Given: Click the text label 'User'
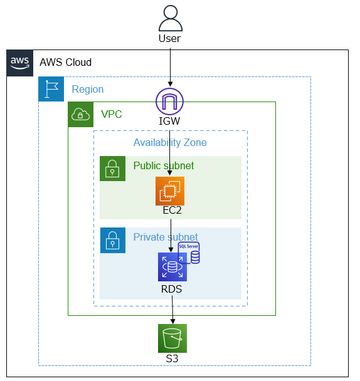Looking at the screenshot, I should tap(170, 39).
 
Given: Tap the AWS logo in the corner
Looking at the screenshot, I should tap(20, 63).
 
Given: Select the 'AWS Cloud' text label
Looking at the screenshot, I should tap(65, 63).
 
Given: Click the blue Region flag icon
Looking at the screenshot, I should tap(51, 89).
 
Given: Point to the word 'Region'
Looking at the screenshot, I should tap(88, 90).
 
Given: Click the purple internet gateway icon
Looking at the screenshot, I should tap(170, 101).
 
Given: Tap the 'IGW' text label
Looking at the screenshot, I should tap(170, 121).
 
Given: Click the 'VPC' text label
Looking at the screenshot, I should tap(112, 115).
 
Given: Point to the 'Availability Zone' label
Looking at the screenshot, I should tap(170, 143).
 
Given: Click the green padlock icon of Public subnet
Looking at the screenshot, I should tap(112, 169).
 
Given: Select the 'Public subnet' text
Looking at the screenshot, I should tap(164, 166).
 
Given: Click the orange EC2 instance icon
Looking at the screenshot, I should tap(170, 191).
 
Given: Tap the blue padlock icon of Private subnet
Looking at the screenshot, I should tap(112, 240).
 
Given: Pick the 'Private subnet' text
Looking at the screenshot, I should tap(166, 237).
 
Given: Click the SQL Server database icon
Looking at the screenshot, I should tap(189, 253).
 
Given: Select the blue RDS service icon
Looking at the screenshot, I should tap(172, 267).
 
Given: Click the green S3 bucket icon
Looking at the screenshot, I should tap(172, 338).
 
